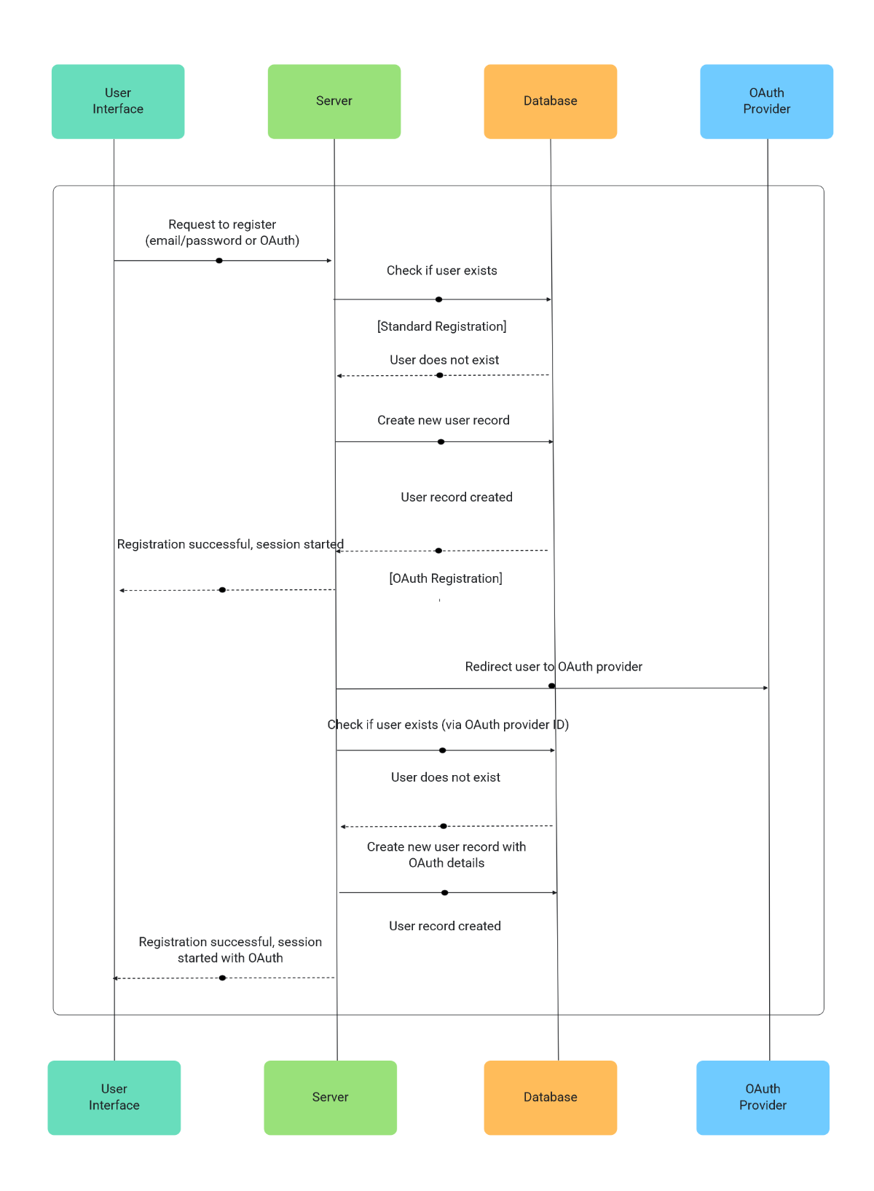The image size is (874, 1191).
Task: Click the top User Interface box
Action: point(118,101)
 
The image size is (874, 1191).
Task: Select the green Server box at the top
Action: point(334,101)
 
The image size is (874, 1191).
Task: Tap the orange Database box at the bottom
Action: point(550,1097)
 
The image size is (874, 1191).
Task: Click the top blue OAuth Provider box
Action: point(766,101)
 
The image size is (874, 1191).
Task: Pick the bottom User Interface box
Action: point(114,1097)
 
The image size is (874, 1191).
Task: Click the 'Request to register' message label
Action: point(222,232)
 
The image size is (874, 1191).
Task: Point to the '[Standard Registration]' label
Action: point(442,326)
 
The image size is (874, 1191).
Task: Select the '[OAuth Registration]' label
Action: point(446,578)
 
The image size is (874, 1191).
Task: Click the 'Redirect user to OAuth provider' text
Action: point(554,667)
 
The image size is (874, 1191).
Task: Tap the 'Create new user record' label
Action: point(444,420)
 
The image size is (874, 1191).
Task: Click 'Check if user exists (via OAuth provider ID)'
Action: point(448,725)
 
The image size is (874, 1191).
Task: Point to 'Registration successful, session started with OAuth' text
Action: point(230,950)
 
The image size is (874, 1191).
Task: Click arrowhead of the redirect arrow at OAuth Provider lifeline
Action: point(765,688)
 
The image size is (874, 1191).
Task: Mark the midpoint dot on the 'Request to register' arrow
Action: point(219,261)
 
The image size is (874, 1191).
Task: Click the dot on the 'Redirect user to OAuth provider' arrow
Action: point(551,686)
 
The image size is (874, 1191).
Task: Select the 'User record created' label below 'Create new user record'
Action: point(457,498)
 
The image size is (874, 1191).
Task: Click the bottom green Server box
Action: point(331,1097)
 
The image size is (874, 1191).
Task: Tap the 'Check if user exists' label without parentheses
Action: point(442,271)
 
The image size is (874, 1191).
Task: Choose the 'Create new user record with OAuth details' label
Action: point(446,854)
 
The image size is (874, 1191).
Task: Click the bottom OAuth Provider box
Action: point(763,1097)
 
